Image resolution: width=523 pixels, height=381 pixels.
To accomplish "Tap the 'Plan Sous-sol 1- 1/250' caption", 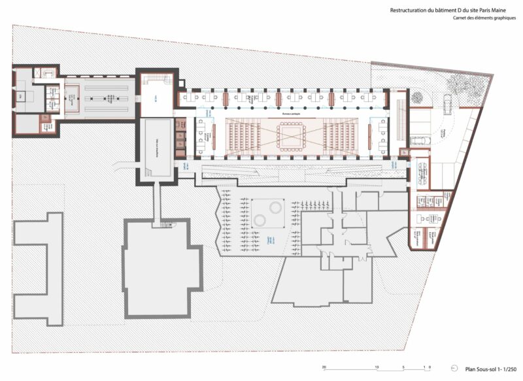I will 490,369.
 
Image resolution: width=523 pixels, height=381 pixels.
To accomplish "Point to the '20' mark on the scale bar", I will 324,367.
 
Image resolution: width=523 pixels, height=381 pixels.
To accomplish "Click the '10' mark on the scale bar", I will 377,367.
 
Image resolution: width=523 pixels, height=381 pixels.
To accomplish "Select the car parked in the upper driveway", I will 448,103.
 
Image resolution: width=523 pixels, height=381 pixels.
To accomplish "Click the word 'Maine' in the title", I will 499,10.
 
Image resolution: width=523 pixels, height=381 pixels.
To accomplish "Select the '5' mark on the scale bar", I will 404,367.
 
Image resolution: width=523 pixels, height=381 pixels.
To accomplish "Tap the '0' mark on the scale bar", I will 429,367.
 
